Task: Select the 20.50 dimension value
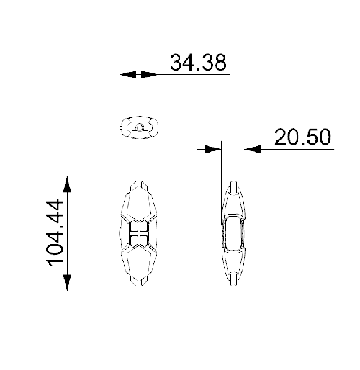[x=302, y=137]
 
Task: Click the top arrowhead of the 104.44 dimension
[x=68, y=183]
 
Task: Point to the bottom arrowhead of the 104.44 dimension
[x=68, y=282]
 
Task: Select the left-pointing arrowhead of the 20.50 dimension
[x=251, y=149]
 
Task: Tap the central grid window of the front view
[x=138, y=233]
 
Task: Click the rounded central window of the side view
[x=233, y=233]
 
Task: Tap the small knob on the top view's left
[x=120, y=127]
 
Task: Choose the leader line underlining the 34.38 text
[x=191, y=74]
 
